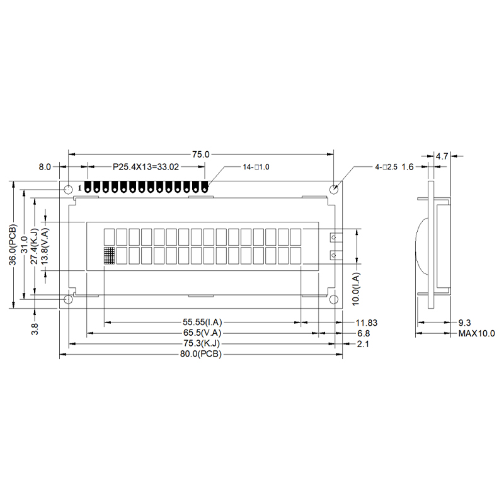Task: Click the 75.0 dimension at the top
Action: [x=201, y=154]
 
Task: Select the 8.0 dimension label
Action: [x=44, y=168]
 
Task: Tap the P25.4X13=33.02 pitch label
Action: [x=146, y=168]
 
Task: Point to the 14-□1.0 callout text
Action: [x=256, y=168]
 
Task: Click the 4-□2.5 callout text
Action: [x=386, y=168]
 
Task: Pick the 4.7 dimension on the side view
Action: [x=442, y=156]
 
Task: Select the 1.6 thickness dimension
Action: [x=407, y=168]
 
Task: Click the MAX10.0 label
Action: [x=476, y=333]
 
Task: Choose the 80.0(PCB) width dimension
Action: [x=201, y=355]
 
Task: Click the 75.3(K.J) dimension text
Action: [x=201, y=344]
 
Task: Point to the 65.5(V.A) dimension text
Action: [x=201, y=333]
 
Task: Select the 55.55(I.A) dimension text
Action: [x=201, y=322]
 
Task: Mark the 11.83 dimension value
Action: [x=367, y=322]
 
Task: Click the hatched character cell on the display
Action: [x=109, y=256]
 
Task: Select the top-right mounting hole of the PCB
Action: [x=335, y=188]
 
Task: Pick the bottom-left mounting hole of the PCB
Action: [x=68, y=299]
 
